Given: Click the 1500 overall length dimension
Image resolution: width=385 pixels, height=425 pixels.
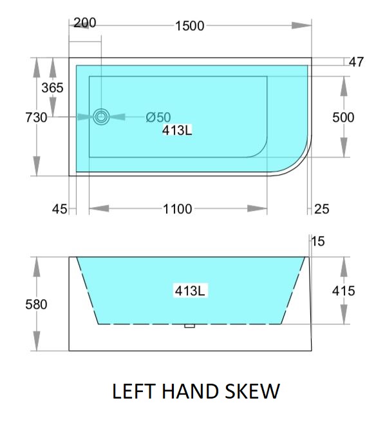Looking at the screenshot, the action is (190, 26).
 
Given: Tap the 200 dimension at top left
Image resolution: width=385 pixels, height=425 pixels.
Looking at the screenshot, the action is (85, 23).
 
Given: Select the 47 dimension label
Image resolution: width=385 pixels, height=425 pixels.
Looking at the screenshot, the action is (356, 62).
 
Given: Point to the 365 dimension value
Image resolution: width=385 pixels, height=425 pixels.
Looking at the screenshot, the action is (52, 88).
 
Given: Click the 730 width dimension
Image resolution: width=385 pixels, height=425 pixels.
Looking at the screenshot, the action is (36, 117).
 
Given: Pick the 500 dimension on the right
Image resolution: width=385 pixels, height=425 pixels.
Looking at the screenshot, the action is (343, 117).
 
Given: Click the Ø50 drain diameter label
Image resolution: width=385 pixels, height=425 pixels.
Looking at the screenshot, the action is (158, 117).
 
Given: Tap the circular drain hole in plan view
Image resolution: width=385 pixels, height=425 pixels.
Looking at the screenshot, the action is (101, 117).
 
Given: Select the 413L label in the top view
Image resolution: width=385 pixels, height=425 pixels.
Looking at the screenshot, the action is (177, 130).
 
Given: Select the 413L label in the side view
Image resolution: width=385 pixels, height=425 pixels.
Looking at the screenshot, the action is (190, 291).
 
